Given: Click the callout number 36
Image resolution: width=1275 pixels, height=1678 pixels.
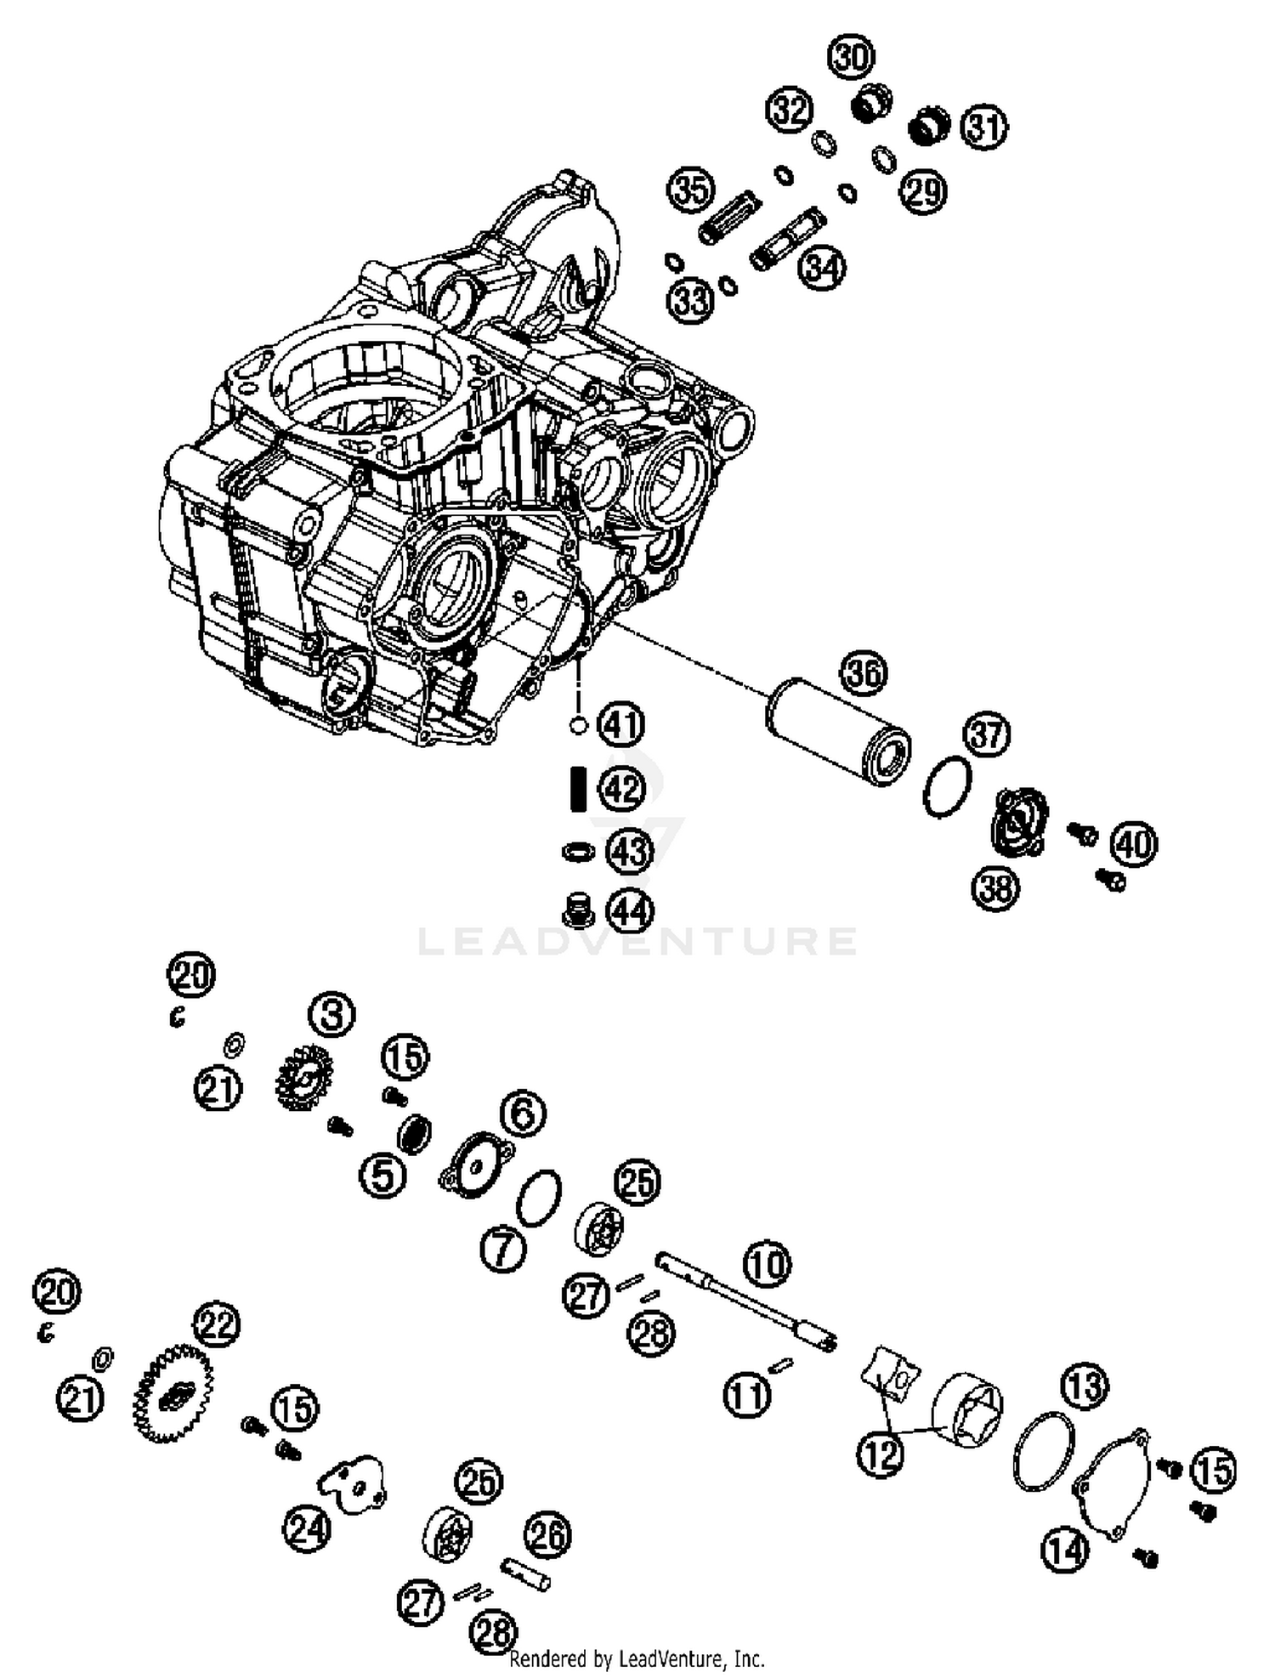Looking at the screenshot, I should click(x=864, y=673).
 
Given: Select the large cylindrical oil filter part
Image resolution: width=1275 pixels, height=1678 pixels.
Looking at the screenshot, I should click(x=837, y=731).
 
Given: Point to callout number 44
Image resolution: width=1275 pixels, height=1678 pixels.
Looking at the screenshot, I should click(x=630, y=911).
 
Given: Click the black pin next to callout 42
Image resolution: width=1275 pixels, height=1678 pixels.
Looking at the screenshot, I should click(x=578, y=789).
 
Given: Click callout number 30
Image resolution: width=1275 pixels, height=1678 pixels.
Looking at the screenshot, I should click(x=851, y=58).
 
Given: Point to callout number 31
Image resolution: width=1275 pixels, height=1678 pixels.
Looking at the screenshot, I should click(x=984, y=128).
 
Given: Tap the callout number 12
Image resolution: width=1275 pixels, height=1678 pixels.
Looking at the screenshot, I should click(x=880, y=1454).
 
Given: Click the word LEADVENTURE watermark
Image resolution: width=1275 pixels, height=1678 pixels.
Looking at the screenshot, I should click(x=637, y=941).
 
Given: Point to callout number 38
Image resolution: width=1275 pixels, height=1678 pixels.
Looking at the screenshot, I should click(x=995, y=889).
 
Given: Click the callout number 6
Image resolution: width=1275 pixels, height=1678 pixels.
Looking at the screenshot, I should click(x=523, y=1112).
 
